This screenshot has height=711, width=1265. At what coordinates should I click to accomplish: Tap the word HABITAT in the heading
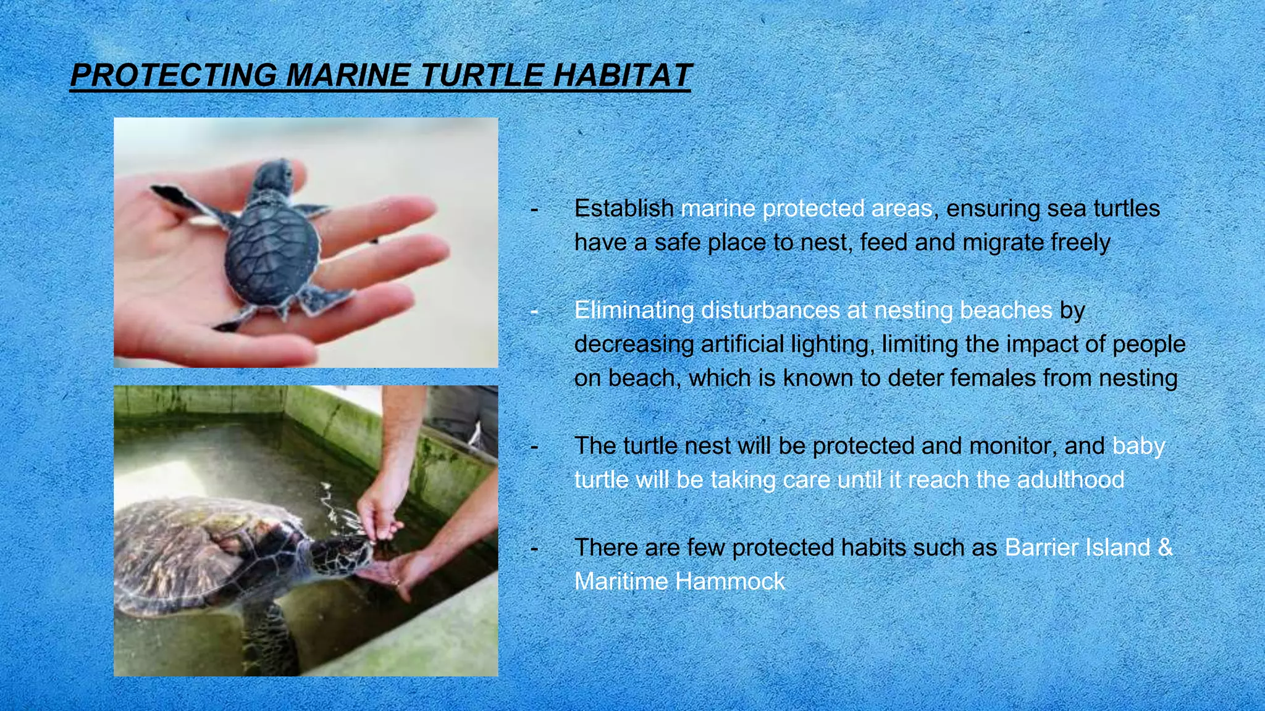pyautogui.click(x=621, y=76)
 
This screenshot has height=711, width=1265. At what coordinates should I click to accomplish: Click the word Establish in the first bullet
pyautogui.click(x=624, y=209)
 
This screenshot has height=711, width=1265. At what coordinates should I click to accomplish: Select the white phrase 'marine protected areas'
pyautogui.click(x=806, y=209)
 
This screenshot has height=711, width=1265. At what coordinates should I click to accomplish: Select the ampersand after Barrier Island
pyautogui.click(x=1165, y=547)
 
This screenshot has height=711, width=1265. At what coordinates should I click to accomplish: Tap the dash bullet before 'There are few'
pyautogui.click(x=534, y=548)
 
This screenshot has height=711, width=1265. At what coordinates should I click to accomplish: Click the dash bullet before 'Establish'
pyautogui.click(x=534, y=209)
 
